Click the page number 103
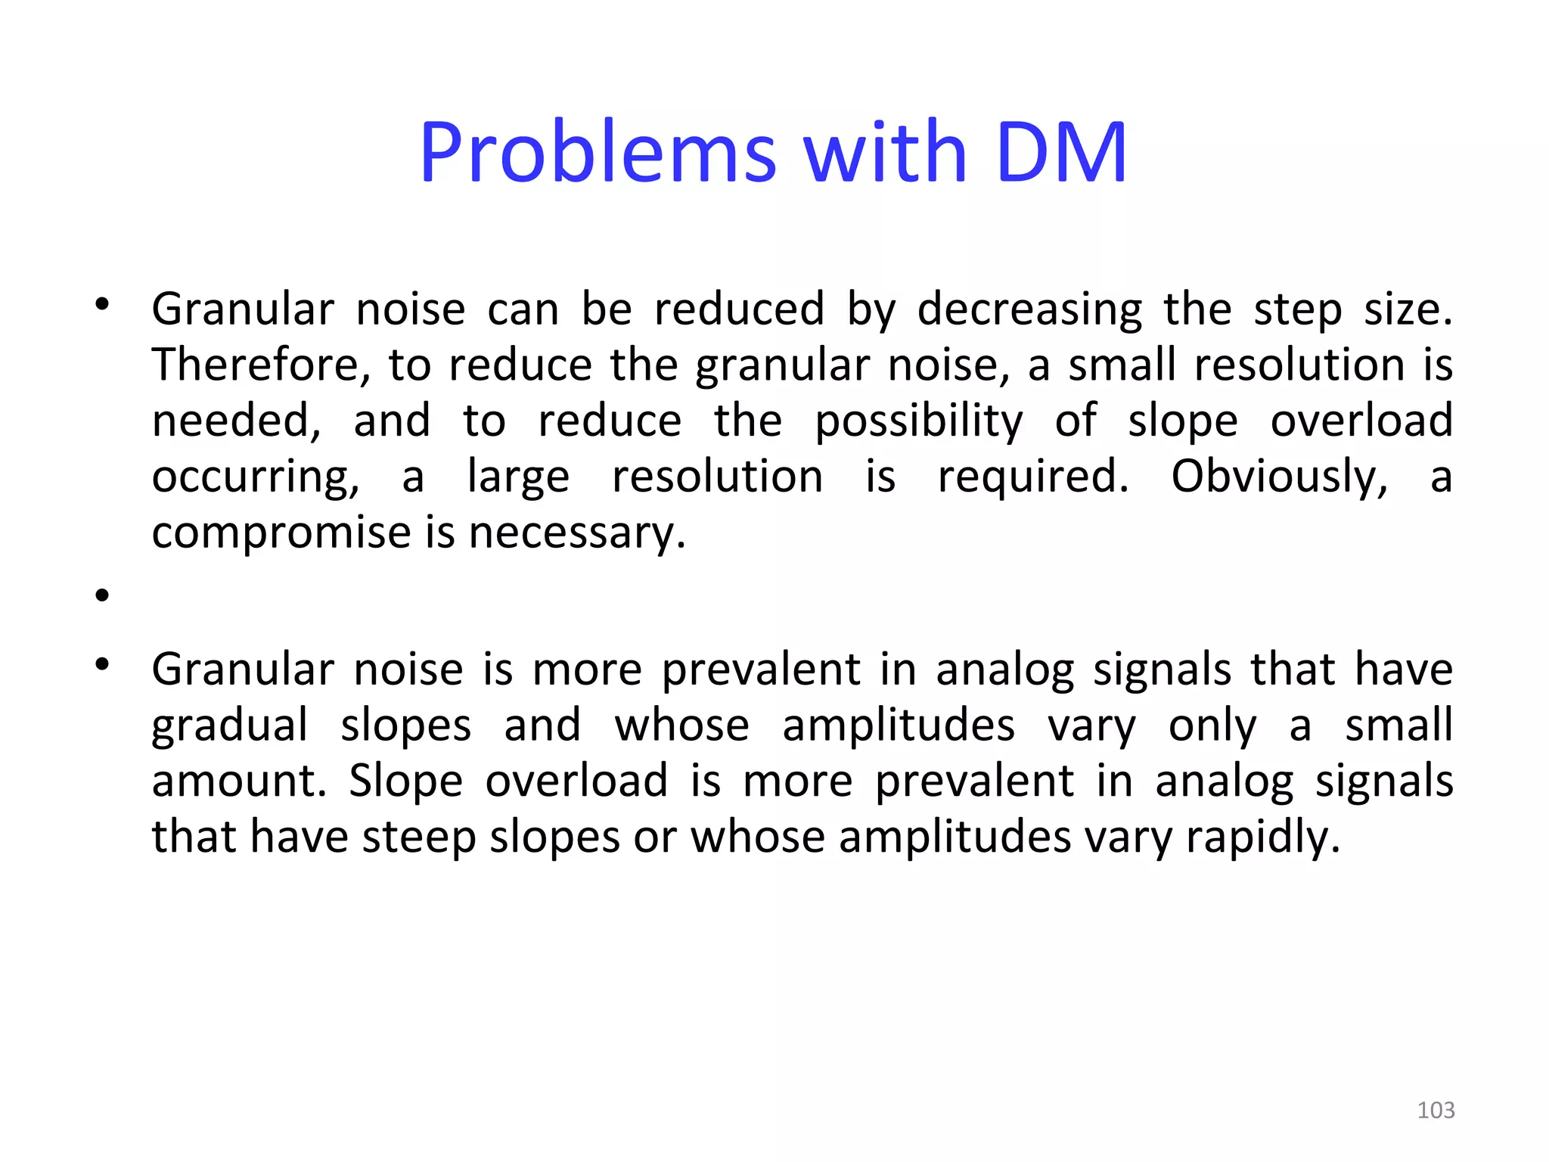pyautogui.click(x=1436, y=1110)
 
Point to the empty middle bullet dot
pyautogui.click(x=103, y=595)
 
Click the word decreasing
pyautogui.click(x=1029, y=310)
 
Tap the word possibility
pyautogui.click(x=919, y=421)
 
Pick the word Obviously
pyautogui.click(x=1280, y=477)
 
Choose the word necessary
pyautogui.click(x=577, y=533)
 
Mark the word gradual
pyautogui.click(x=230, y=725)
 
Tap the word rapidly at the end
pyautogui.click(x=1262, y=837)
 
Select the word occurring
pyautogui.click(x=256, y=477)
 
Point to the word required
pyautogui.click(x=1032, y=477)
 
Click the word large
pyautogui.click(x=518, y=477)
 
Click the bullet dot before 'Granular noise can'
pyautogui.click(x=103, y=305)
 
